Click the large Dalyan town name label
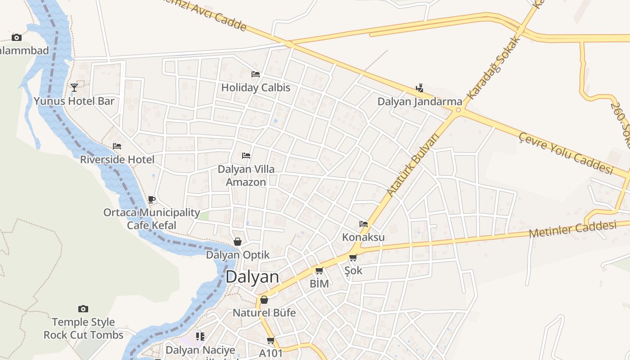(252, 276)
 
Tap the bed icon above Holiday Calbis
(256, 74)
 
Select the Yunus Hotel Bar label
(74, 101)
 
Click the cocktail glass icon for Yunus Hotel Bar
(74, 87)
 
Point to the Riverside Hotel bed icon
(117, 146)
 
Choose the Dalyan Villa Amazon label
(246, 175)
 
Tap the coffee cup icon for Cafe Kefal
(152, 199)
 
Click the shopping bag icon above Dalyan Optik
(238, 242)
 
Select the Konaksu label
(364, 237)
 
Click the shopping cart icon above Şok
(353, 258)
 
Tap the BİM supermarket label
(319, 283)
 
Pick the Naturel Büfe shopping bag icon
(264, 300)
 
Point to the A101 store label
(271, 353)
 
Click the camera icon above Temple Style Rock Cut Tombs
(83, 309)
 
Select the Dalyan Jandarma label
(419, 101)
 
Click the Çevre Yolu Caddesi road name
(566, 153)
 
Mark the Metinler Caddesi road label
(572, 229)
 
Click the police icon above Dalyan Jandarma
(420, 88)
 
